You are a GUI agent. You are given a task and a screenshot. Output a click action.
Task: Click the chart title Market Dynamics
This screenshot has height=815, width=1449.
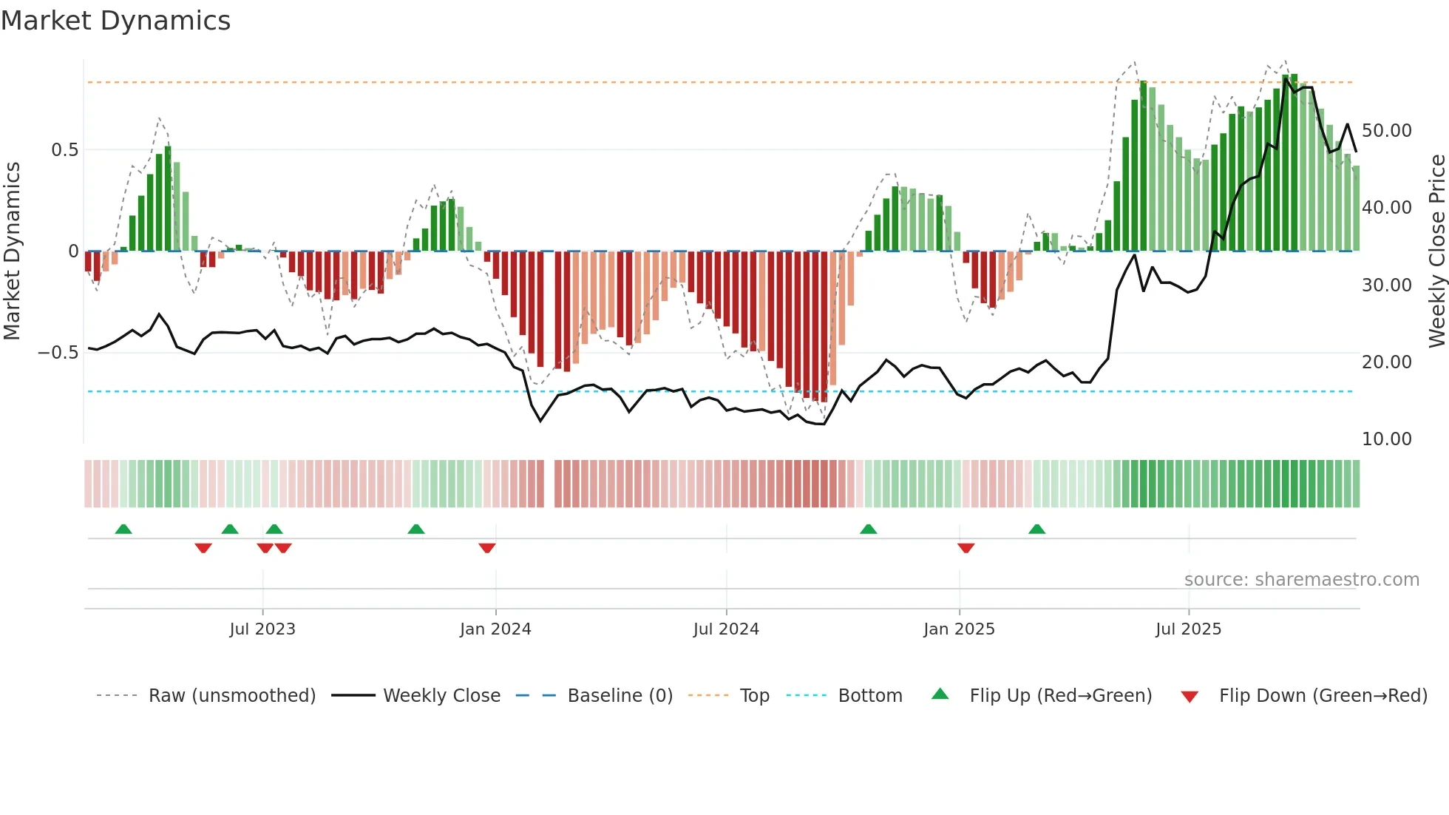[x=115, y=21]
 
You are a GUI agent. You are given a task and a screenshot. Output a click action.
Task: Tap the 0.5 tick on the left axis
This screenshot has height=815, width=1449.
[x=64, y=150]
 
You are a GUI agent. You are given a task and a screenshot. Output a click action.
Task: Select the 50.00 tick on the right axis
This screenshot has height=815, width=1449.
[x=1386, y=131]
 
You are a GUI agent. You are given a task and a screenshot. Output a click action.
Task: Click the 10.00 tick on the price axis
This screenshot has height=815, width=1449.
[x=1386, y=439]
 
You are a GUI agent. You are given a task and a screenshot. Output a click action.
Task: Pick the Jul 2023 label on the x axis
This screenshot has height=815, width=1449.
[x=262, y=629]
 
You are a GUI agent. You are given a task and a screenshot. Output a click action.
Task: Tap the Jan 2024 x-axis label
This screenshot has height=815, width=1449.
[x=495, y=629]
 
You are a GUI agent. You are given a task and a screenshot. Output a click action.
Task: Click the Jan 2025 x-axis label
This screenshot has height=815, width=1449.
[x=959, y=629]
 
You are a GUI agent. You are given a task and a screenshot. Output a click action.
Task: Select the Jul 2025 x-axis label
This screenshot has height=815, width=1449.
[x=1188, y=629]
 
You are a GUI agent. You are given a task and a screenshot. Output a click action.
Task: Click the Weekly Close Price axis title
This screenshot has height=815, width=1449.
[x=1436, y=251]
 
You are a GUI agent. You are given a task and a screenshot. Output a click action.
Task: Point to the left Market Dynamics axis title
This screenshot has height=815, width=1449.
[x=12, y=251]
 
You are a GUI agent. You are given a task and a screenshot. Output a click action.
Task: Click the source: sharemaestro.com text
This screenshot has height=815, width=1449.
[x=1301, y=580]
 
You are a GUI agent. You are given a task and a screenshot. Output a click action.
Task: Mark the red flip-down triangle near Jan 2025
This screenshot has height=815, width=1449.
[x=966, y=548]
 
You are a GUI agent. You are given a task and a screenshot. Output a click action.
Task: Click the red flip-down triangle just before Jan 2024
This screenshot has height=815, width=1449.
[x=486, y=548]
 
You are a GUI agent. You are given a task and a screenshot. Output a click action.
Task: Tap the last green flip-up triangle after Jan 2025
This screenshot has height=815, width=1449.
[x=1036, y=529]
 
